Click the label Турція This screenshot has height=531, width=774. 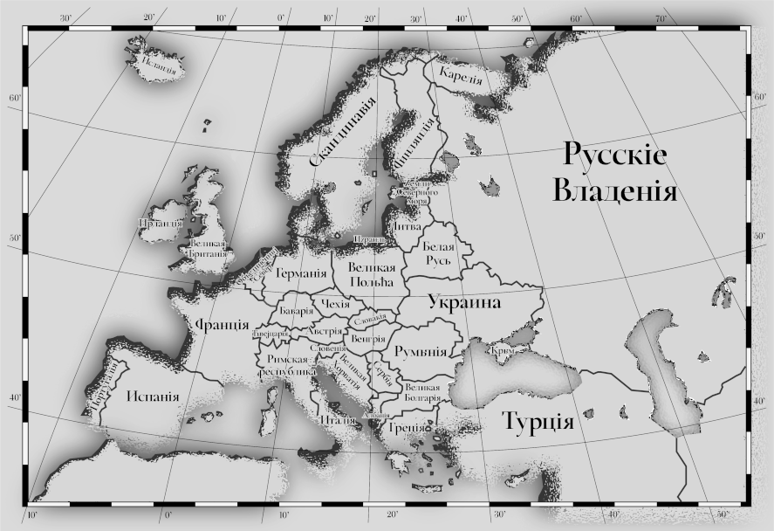coord(538,424)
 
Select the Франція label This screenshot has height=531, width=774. coord(222,325)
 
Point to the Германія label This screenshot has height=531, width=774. coord(301,273)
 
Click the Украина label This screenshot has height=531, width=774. coord(463,303)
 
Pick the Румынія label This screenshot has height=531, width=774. coord(421,351)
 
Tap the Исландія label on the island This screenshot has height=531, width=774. coord(159,63)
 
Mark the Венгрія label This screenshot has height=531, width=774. coord(367,338)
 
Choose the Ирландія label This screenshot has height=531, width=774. coord(159,223)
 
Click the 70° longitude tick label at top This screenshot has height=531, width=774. coord(661,18)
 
